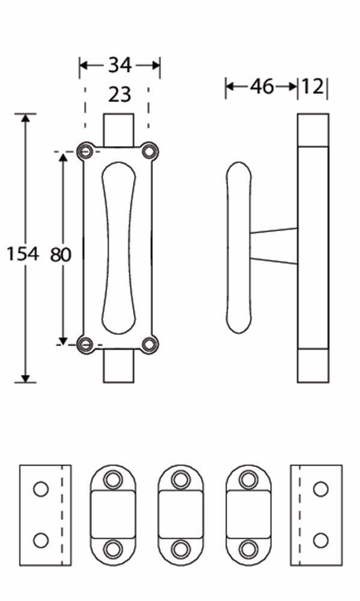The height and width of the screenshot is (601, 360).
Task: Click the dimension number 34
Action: click(120, 65)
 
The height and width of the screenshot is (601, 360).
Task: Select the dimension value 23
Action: click(119, 94)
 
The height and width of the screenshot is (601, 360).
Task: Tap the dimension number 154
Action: click(22, 254)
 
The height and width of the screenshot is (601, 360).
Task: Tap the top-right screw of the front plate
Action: click(149, 150)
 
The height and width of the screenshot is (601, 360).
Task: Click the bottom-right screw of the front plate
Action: click(149, 344)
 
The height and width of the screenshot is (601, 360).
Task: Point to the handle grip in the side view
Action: click(239, 247)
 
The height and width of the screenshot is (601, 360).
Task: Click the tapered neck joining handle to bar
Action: click(274, 246)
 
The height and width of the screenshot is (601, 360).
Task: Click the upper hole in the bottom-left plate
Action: click(40, 489)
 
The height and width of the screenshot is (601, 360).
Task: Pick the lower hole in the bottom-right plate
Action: click(320, 540)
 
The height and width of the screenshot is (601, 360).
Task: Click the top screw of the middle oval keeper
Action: click(180, 479)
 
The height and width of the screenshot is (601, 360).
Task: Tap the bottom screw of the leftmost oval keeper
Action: click(112, 549)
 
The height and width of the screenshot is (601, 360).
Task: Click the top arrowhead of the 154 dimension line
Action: click(25, 118)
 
